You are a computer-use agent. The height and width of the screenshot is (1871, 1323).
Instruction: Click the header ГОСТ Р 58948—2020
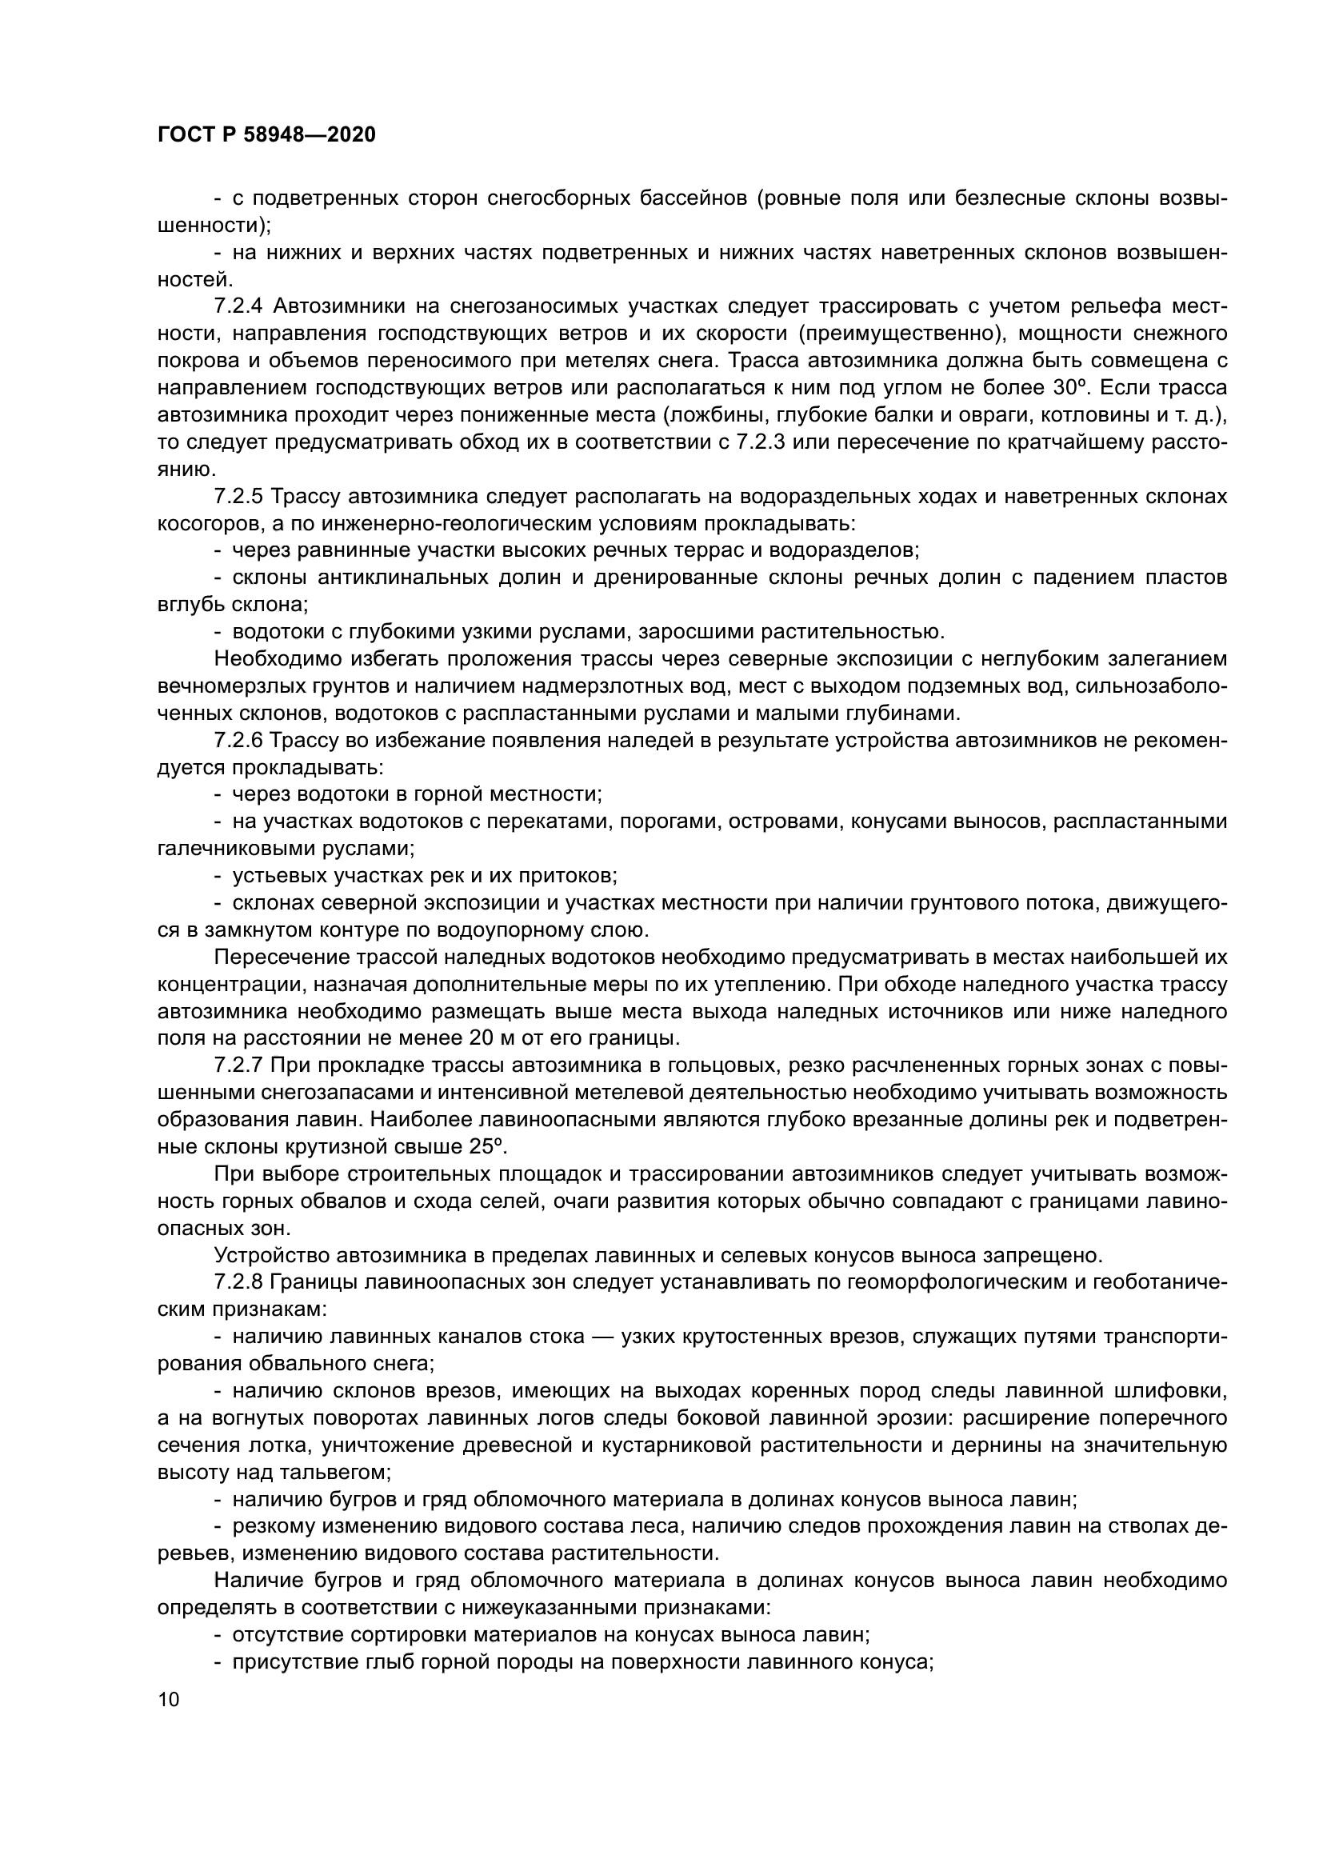(266, 135)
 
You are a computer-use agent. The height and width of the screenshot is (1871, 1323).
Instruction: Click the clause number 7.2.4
(238, 306)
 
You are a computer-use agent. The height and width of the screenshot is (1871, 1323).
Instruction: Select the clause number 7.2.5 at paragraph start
(238, 496)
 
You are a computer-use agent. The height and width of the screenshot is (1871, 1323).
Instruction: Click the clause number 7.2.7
(238, 1065)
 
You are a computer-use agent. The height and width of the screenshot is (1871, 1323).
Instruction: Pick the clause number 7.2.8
(238, 1281)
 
